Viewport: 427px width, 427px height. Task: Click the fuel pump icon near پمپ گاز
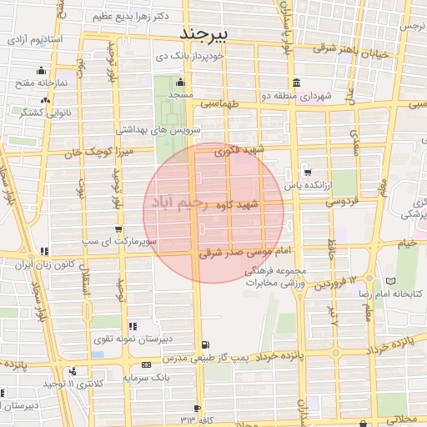206,345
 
